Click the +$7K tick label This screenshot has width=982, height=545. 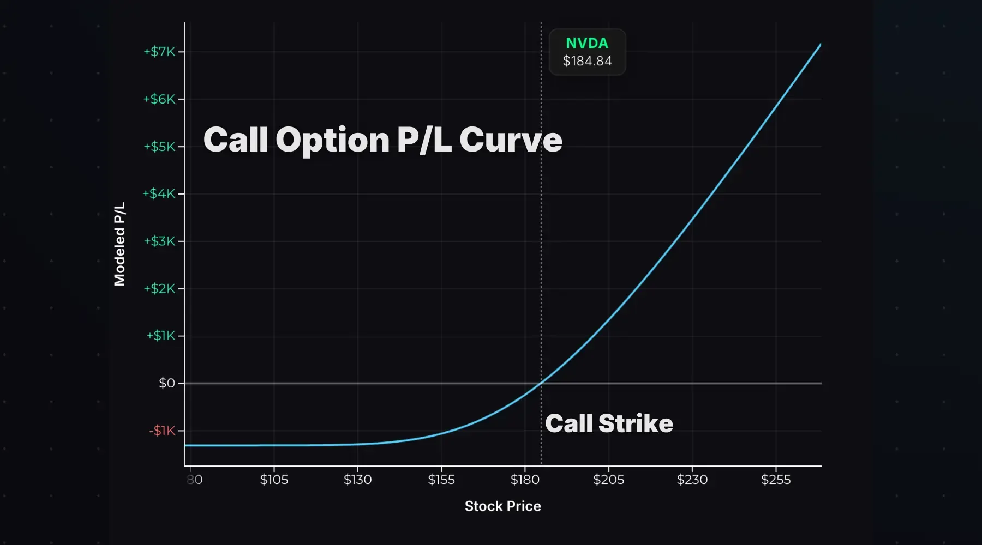pyautogui.click(x=159, y=52)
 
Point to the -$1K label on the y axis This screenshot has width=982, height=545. pyautogui.click(x=162, y=431)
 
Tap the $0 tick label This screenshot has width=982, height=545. pyautogui.click(x=167, y=383)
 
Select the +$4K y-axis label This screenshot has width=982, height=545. pyautogui.click(x=159, y=193)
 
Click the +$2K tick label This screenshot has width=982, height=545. pyautogui.click(x=159, y=288)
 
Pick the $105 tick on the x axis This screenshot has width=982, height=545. pyautogui.click(x=274, y=480)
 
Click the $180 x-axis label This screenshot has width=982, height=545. pyautogui.click(x=525, y=480)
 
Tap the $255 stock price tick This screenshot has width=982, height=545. pyautogui.click(x=776, y=480)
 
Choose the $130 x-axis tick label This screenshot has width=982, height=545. pyautogui.click(x=357, y=480)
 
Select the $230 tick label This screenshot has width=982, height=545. pyautogui.click(x=692, y=480)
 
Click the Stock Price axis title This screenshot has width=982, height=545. pyautogui.click(x=502, y=506)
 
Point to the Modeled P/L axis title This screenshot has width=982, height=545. pyautogui.click(x=119, y=244)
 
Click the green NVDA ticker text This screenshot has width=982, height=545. pyautogui.click(x=587, y=43)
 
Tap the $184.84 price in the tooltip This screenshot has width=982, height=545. pyautogui.click(x=587, y=61)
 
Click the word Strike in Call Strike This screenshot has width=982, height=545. pyautogui.click(x=636, y=423)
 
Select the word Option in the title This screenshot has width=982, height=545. pyautogui.click(x=332, y=140)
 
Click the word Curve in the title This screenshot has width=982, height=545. pyautogui.click(x=511, y=140)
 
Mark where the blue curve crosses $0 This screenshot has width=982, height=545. pyautogui.click(x=540, y=383)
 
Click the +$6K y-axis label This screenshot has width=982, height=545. pyautogui.click(x=159, y=99)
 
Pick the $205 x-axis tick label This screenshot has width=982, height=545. pyautogui.click(x=608, y=480)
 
